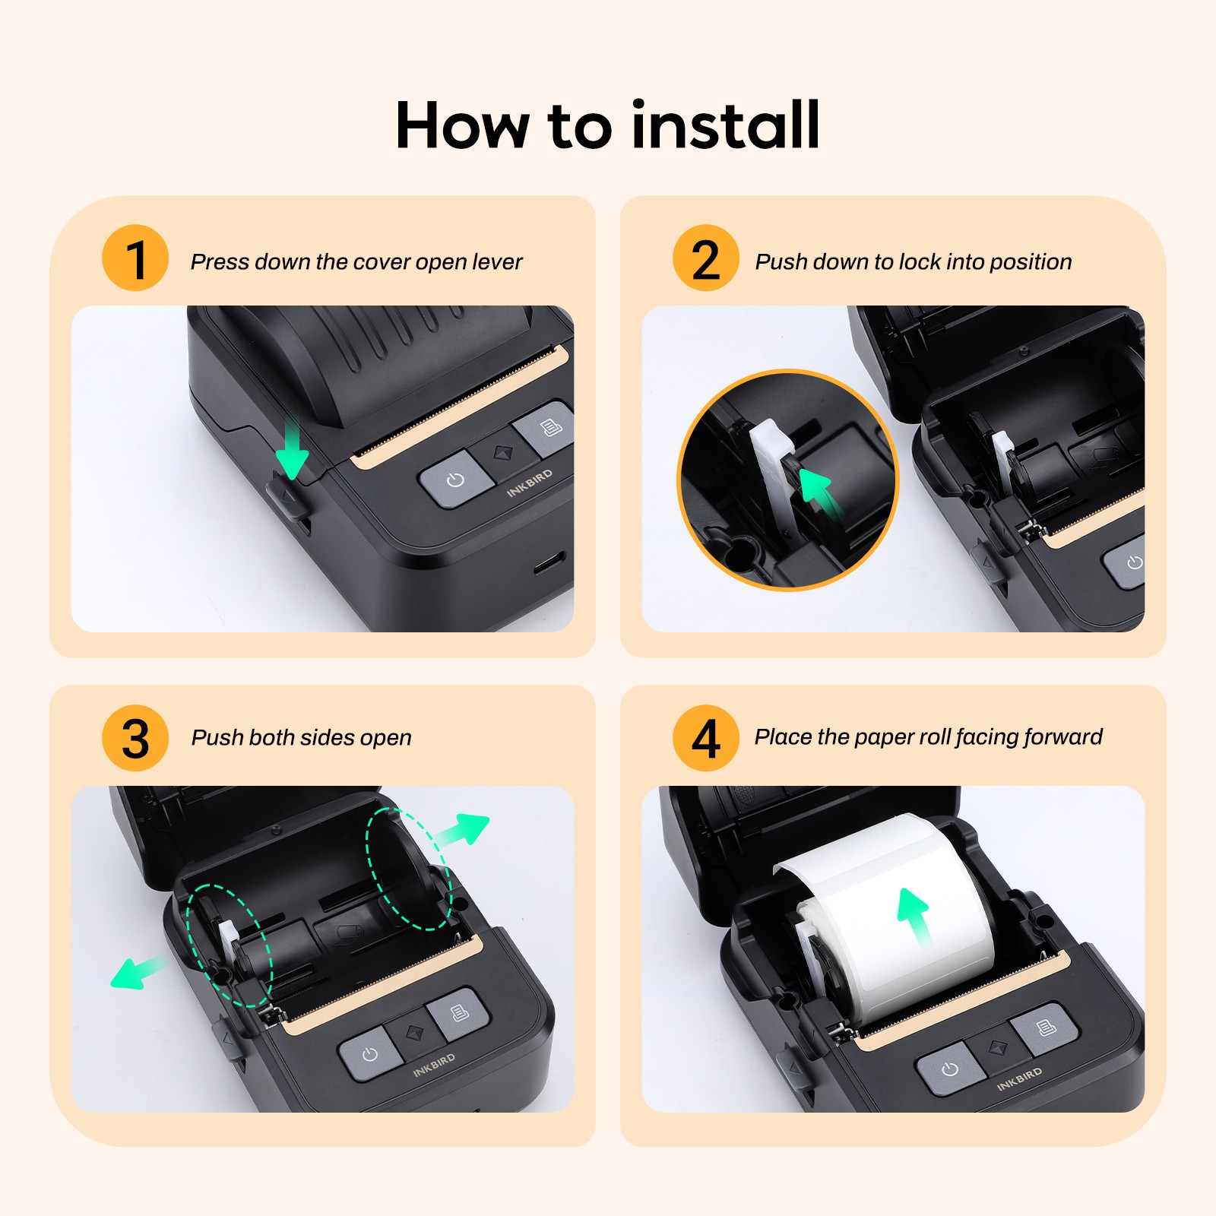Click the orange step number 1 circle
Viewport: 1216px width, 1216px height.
tap(135, 258)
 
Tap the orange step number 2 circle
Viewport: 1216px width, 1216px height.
tap(705, 258)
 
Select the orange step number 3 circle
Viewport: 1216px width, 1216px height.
tap(135, 738)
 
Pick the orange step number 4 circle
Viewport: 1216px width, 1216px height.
tap(705, 738)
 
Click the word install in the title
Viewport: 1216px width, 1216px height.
tap(725, 125)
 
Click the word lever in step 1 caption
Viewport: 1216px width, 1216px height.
tap(497, 261)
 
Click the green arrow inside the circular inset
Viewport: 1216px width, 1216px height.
tap(819, 491)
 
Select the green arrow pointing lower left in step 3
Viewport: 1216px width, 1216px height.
tap(137, 972)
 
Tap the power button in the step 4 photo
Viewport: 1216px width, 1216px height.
tap(949, 1069)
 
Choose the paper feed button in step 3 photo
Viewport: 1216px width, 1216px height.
tap(459, 1013)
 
